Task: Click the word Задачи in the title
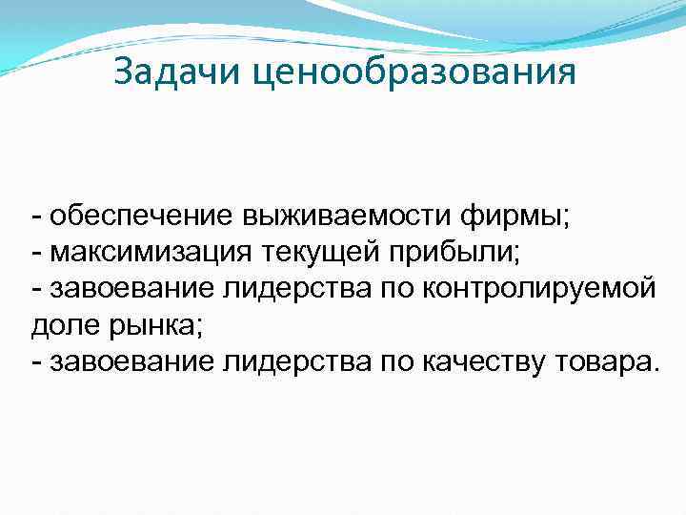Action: coord(178,72)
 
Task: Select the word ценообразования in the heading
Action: coord(415,72)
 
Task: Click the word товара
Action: coord(603,360)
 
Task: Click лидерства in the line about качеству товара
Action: coord(294,360)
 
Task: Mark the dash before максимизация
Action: coord(35,252)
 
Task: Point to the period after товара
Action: coord(654,368)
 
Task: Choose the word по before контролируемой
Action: coord(393,287)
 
